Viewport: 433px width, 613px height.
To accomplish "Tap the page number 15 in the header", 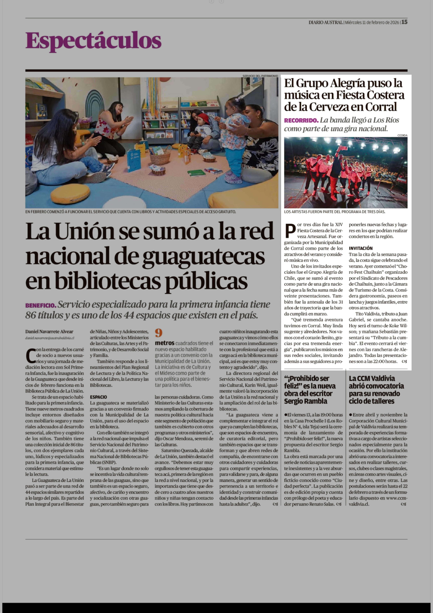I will click(x=404, y=22).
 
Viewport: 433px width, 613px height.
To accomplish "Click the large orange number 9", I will click(x=159, y=333).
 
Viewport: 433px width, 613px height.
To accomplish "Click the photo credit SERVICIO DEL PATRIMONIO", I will click(x=260, y=76).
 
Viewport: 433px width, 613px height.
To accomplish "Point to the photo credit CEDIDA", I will click(x=402, y=135).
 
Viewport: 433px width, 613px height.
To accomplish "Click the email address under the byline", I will click(x=50, y=338).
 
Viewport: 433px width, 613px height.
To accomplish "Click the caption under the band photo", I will click(x=334, y=212).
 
